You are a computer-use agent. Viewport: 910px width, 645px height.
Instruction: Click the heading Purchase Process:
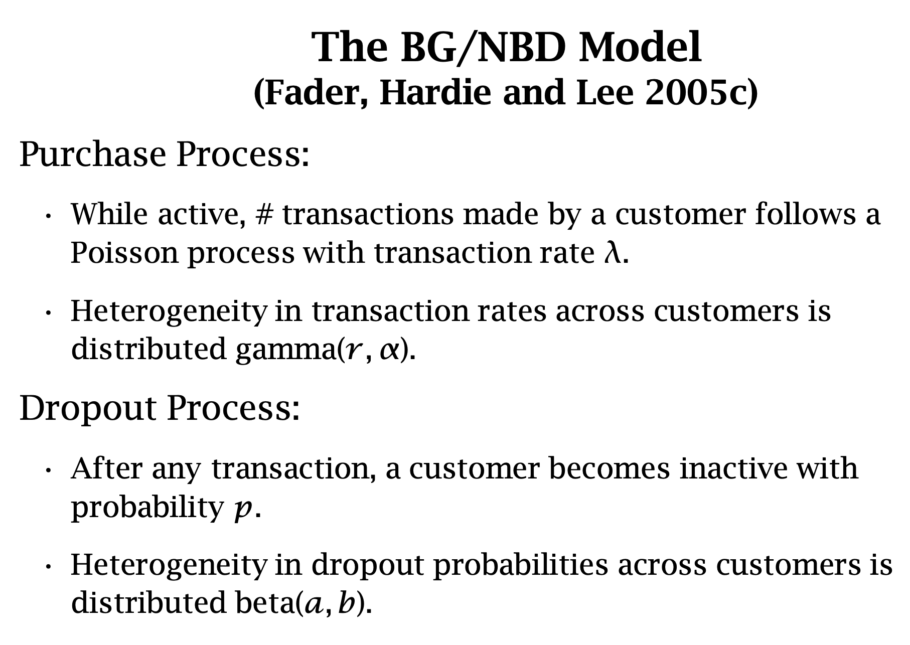pos(165,154)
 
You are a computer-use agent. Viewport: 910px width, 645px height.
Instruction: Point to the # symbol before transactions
pos(264,214)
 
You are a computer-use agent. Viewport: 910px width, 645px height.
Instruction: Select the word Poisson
pos(124,252)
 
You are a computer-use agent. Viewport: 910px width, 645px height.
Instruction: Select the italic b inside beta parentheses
pos(347,603)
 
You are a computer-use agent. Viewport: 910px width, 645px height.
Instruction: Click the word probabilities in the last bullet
pos(520,566)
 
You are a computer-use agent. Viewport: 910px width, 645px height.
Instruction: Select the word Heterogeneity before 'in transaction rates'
pos(169,312)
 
